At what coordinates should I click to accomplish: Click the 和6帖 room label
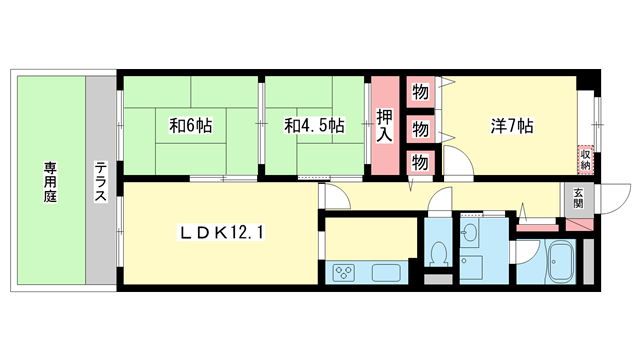point(189,126)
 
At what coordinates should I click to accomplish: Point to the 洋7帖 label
point(511,127)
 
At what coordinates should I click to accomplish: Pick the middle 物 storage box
point(420,129)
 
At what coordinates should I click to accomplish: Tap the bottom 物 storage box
point(420,162)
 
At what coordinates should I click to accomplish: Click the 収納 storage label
point(585,158)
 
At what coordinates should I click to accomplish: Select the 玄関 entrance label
point(578,196)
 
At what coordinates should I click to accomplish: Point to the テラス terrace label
point(101,182)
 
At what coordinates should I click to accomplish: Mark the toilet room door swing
point(436,208)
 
